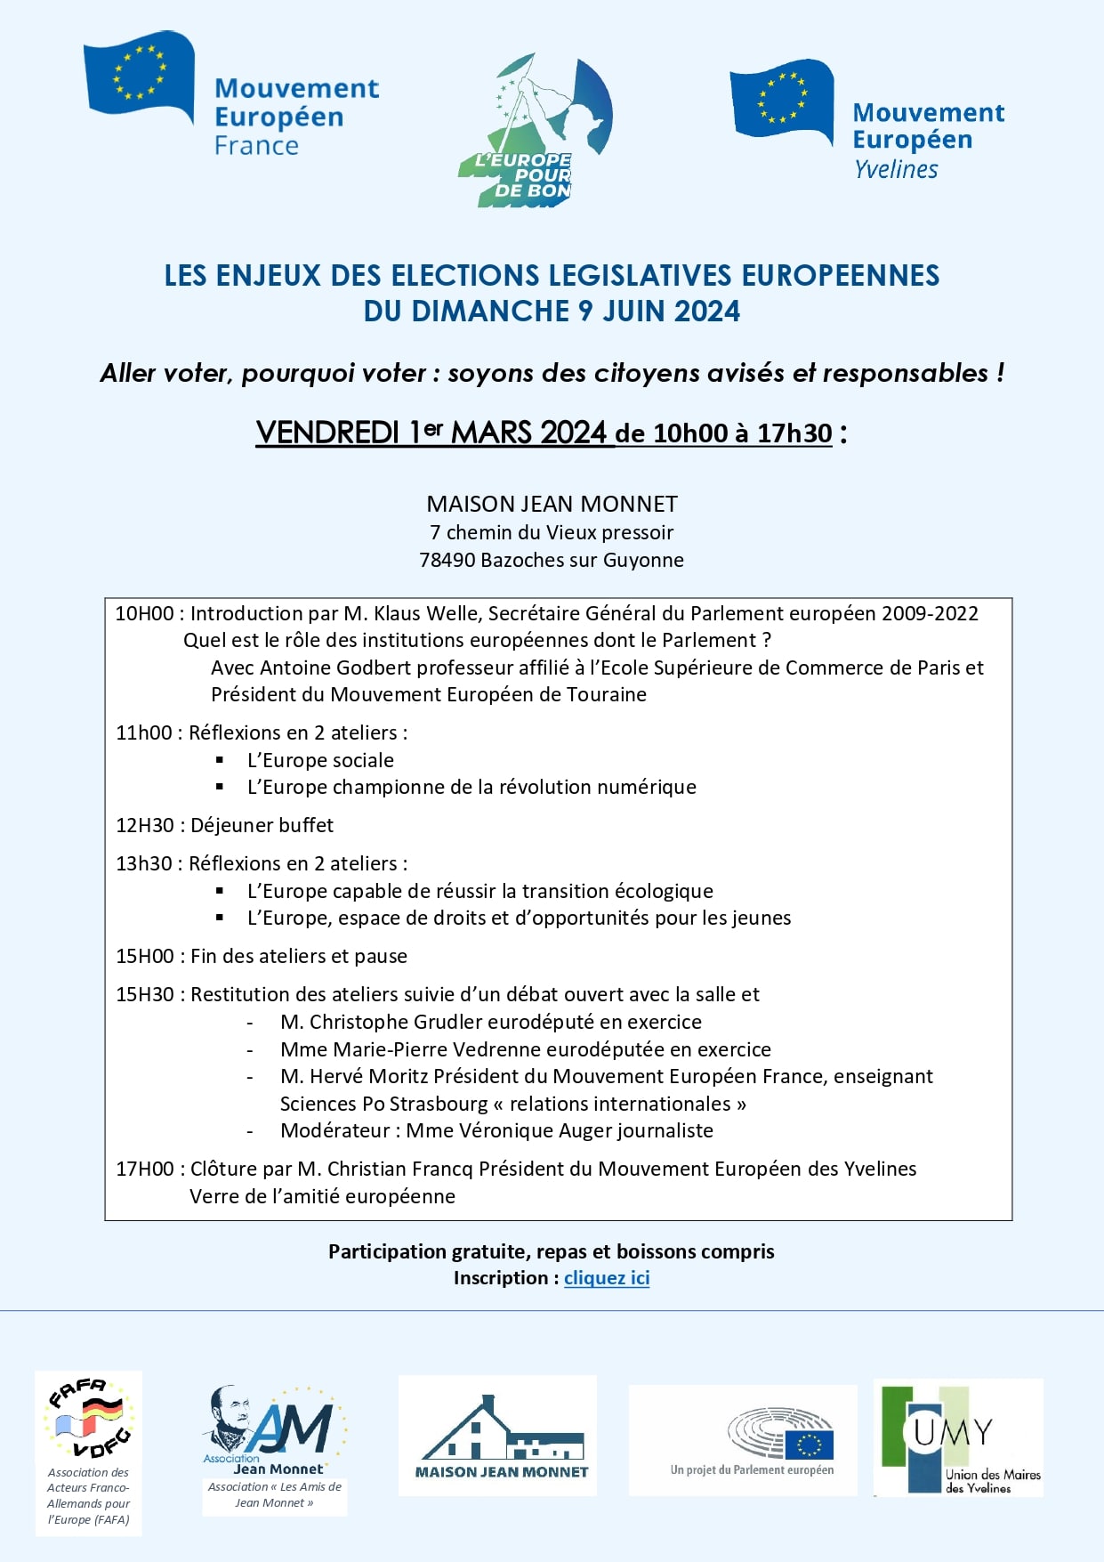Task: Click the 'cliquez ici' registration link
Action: point(607,1278)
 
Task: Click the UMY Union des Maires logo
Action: point(959,1437)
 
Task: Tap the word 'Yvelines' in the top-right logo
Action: point(896,169)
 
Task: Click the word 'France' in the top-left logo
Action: point(256,146)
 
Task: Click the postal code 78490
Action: point(447,561)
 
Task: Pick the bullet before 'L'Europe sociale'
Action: point(220,760)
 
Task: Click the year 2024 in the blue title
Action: point(706,312)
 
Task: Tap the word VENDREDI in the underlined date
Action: point(327,433)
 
